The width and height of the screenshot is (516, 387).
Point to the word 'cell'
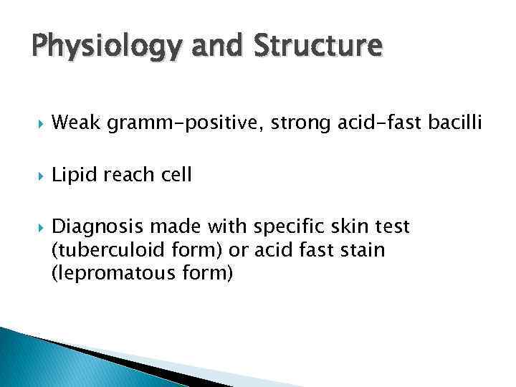[x=176, y=176]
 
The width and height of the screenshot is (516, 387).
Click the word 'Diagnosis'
[x=97, y=228]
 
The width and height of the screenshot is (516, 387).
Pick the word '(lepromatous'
[x=106, y=274]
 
